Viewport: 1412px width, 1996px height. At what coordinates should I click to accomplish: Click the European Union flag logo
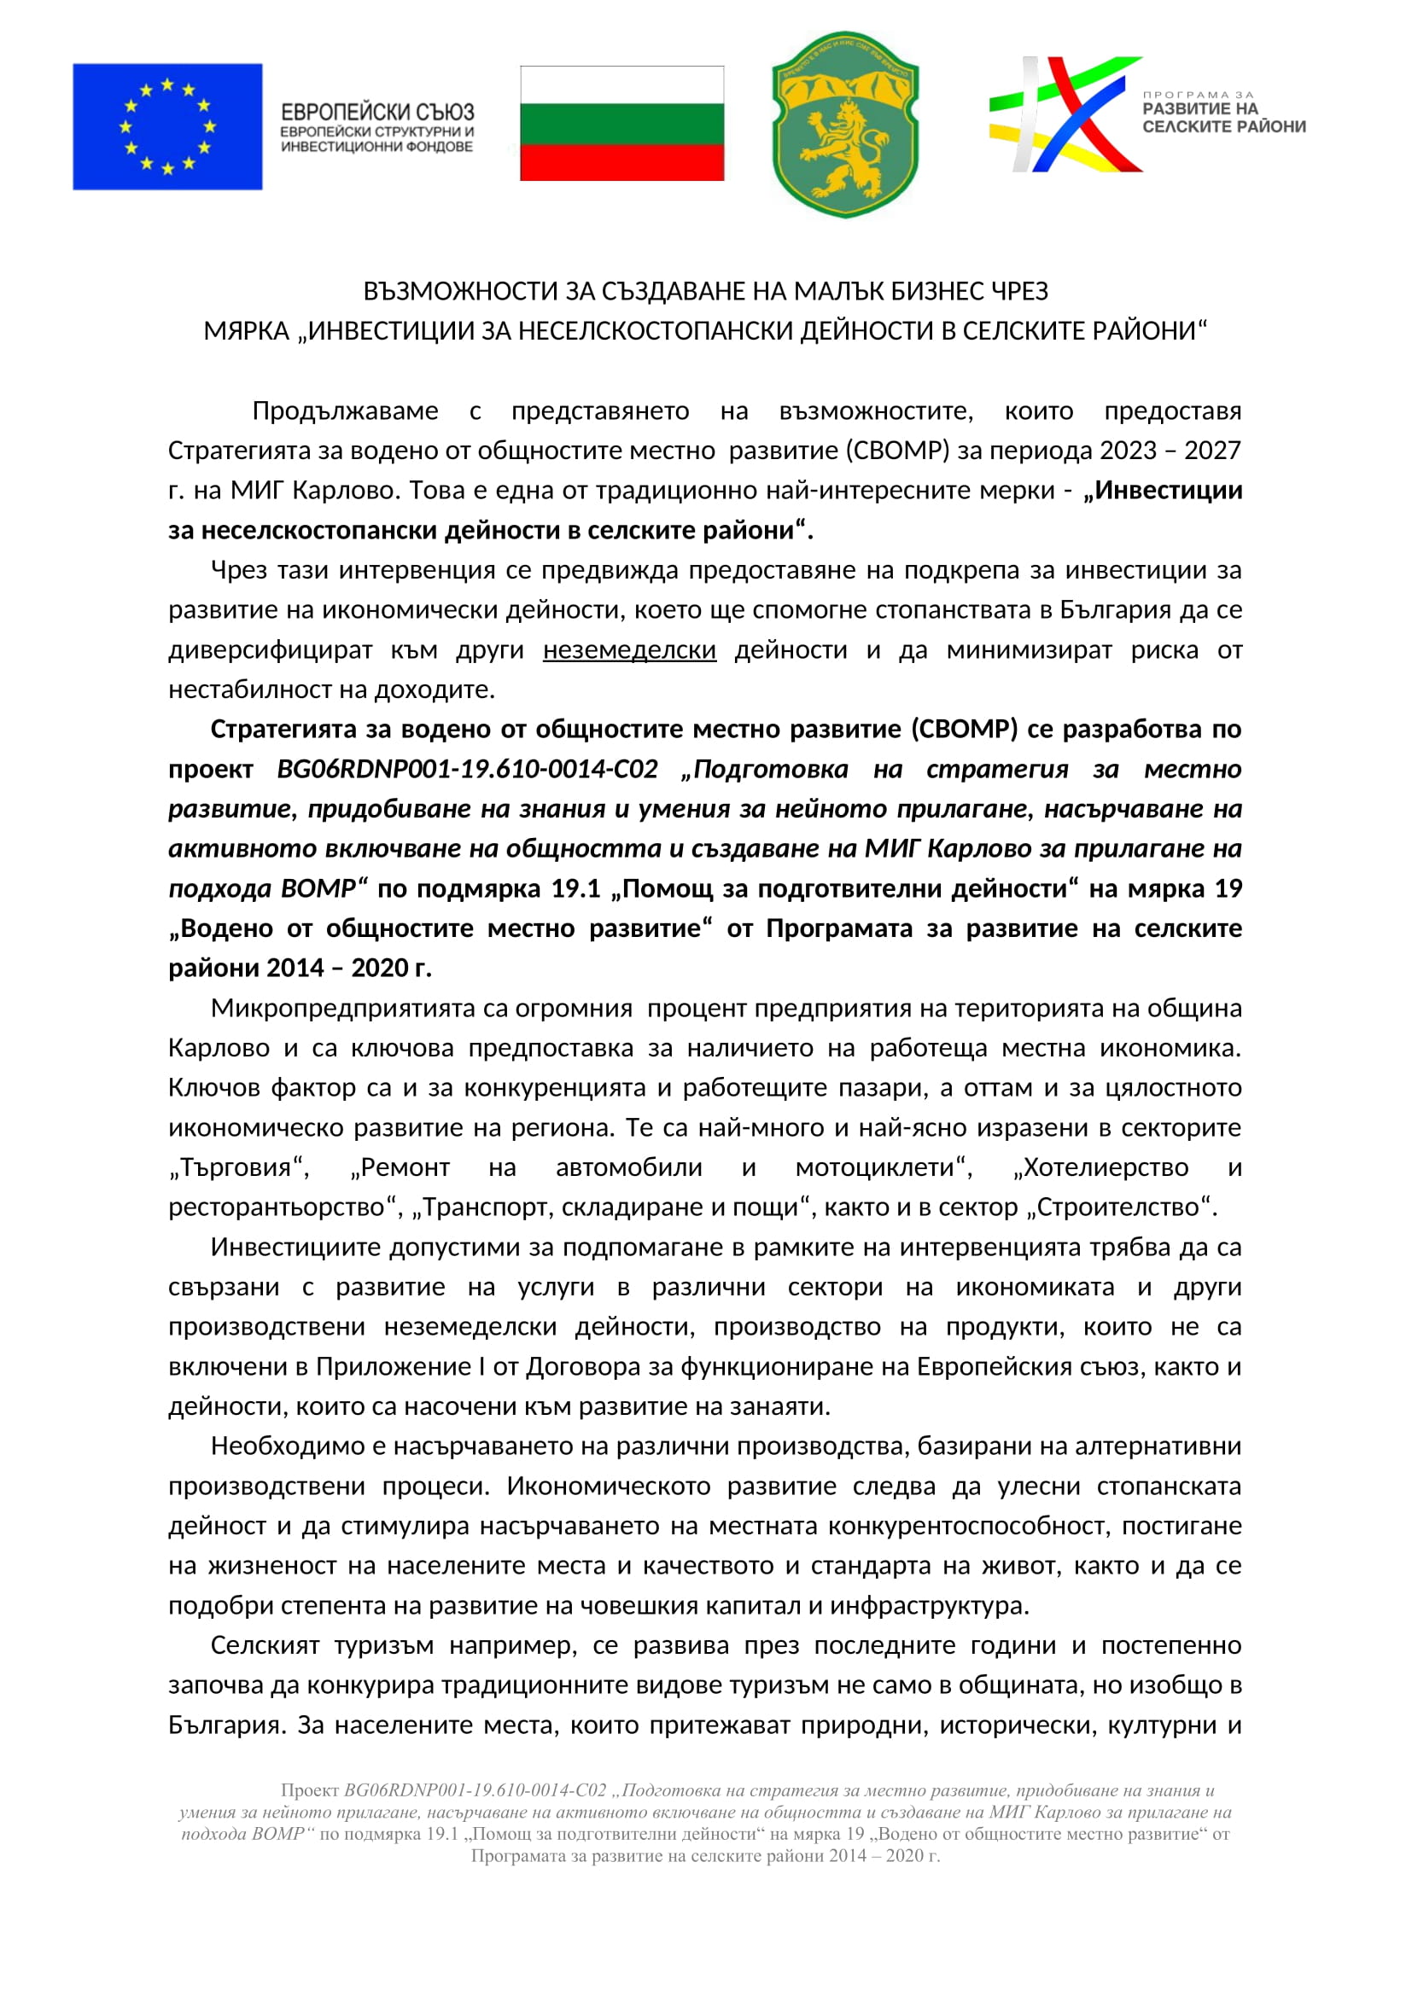[x=167, y=126]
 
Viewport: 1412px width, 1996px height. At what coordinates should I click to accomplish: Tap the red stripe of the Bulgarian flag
[x=621, y=161]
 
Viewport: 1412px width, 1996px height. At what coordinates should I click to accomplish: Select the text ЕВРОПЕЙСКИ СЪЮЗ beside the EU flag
[x=377, y=112]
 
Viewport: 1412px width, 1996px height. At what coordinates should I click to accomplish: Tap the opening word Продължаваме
[x=345, y=410]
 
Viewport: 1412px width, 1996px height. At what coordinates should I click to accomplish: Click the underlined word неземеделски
[x=628, y=649]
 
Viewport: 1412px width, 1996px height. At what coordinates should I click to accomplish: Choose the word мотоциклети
[x=879, y=1167]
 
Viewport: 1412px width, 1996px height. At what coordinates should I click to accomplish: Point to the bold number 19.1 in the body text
[x=575, y=888]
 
